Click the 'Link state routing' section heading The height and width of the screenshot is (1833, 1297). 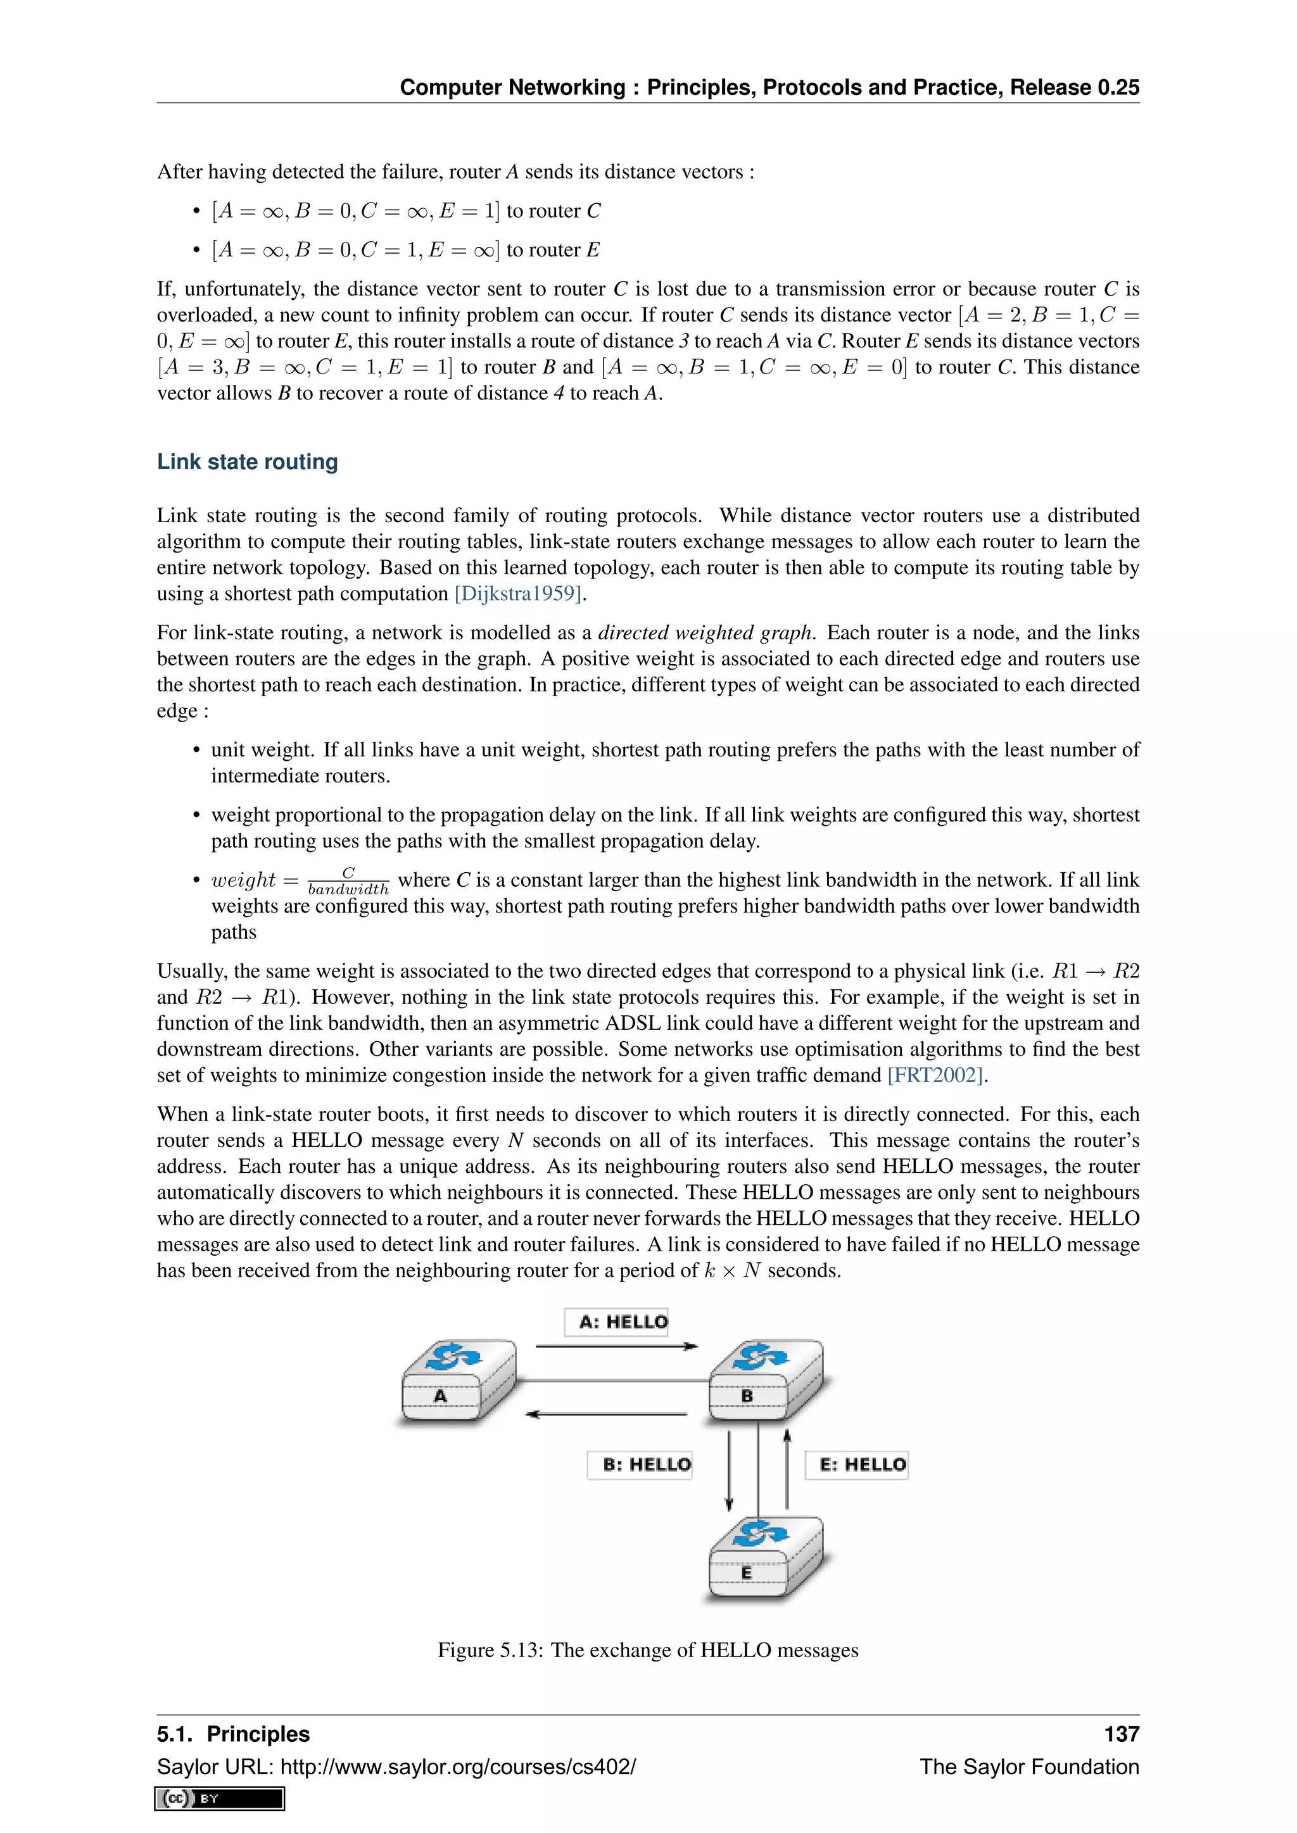(247, 461)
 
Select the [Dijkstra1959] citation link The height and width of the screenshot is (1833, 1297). (518, 593)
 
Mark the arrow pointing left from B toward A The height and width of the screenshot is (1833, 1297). (607, 1414)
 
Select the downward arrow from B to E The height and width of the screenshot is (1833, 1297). (728, 1470)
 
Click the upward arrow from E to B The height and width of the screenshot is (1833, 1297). (787, 1469)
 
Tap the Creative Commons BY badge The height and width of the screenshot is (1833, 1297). (220, 1798)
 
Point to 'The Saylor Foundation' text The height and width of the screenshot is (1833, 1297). (1028, 1766)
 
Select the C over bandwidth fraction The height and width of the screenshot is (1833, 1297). (348, 880)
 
